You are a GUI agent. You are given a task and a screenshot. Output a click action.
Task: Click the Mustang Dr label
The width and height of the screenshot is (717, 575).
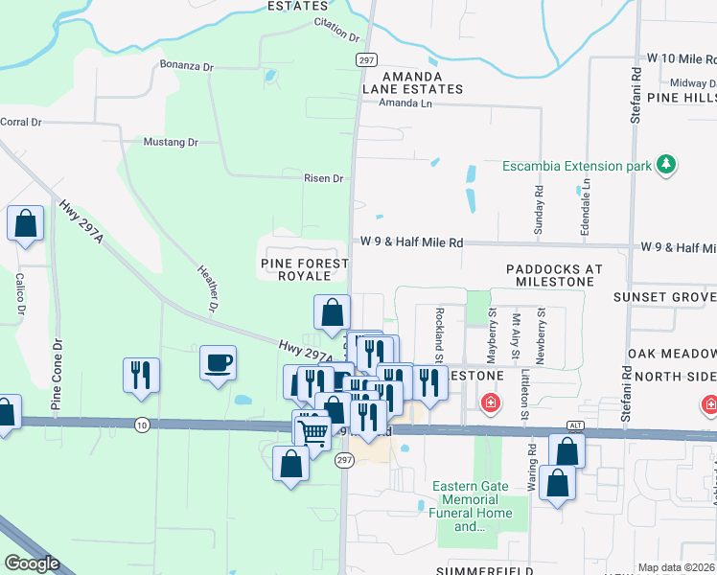[x=170, y=142]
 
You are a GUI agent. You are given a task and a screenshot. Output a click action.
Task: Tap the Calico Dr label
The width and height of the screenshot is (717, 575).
[x=19, y=293]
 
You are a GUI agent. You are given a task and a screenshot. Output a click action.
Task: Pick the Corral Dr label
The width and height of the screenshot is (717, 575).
[x=21, y=122]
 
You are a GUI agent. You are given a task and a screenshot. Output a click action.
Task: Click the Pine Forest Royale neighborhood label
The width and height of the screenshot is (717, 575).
[x=296, y=269]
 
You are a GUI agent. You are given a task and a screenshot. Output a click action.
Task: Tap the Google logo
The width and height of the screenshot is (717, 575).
[x=33, y=563]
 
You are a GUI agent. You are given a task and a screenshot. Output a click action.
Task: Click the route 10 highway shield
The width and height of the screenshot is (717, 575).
[x=142, y=425]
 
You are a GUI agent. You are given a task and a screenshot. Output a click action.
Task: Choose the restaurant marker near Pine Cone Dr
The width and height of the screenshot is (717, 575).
[x=141, y=374]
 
